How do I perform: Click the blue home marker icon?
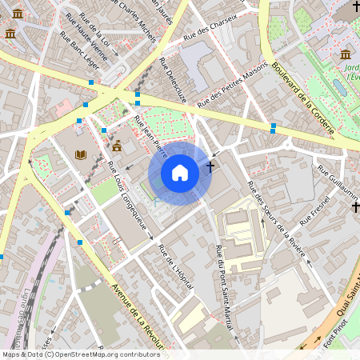click(x=180, y=173)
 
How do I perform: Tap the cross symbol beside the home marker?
click(x=210, y=168)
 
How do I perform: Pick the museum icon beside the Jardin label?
click(x=345, y=54)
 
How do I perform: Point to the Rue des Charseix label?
click(x=210, y=30)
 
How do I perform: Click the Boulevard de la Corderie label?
click(x=301, y=95)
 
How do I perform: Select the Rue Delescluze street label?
click(x=174, y=80)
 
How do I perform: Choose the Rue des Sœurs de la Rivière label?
click(x=277, y=219)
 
